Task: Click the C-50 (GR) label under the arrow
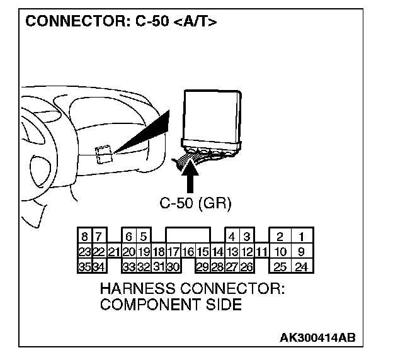point(196,203)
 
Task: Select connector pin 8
point(84,237)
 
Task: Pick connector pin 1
point(302,237)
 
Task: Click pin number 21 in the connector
point(114,252)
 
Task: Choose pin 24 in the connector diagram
point(302,266)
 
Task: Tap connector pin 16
point(188,252)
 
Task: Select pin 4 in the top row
point(232,237)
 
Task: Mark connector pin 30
point(173,266)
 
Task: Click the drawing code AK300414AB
point(317,338)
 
